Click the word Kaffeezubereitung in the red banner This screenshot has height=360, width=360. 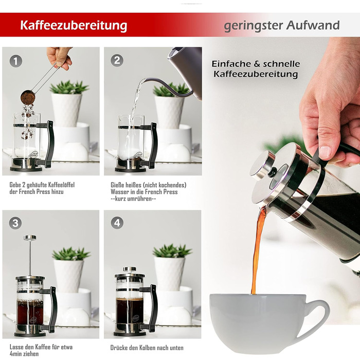tap(74, 25)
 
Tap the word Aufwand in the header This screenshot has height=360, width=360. tap(313, 25)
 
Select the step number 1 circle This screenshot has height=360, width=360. tap(15, 61)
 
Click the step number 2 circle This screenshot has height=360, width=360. tap(117, 60)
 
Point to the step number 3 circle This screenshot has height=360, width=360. tap(15, 223)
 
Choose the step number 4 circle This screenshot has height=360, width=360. tap(117, 223)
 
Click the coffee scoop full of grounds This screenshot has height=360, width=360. tap(28, 97)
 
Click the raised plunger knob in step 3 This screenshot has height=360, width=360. tap(30, 238)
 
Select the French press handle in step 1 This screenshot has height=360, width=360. tap(49, 144)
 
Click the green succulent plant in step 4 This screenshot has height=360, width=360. tap(172, 251)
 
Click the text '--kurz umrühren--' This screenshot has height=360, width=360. tap(133, 199)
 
